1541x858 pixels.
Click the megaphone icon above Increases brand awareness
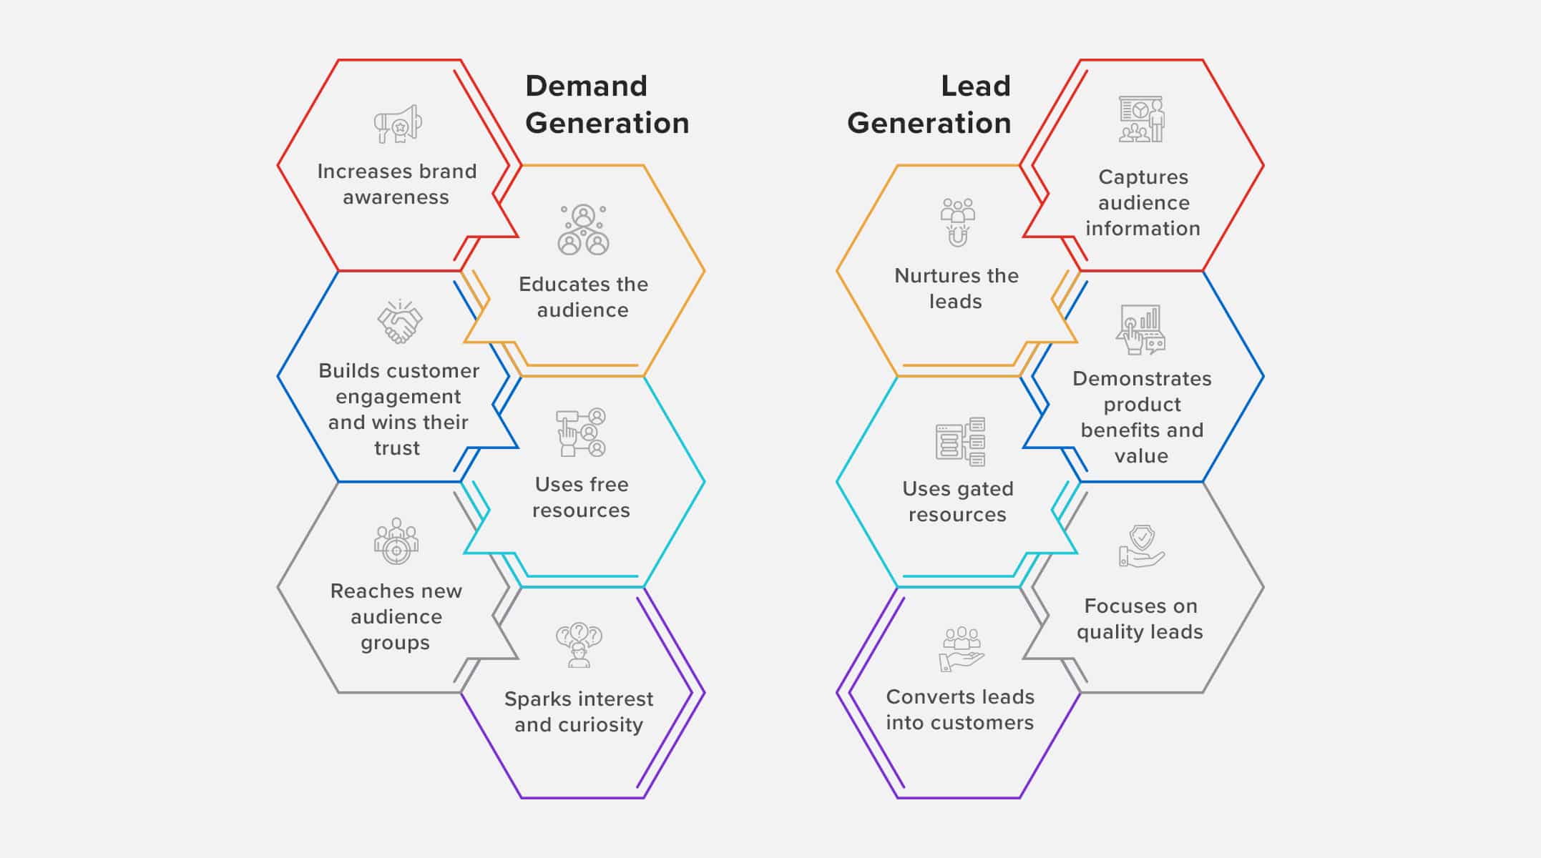398,124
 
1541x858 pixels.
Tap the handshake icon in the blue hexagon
400,322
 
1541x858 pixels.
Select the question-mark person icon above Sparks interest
579,645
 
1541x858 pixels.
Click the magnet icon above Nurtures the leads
958,222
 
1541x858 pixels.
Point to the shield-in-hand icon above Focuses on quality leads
1142,546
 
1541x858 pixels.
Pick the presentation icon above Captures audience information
1142,119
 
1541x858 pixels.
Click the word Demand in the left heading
587,86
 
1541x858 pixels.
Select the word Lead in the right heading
976,86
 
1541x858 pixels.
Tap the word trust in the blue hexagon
397,448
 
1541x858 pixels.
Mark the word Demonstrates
1142,378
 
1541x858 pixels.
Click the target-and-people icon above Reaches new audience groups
396,541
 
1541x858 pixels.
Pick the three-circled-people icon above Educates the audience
583,230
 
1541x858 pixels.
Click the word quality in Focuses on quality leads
1109,633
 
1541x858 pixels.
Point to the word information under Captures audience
1143,229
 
